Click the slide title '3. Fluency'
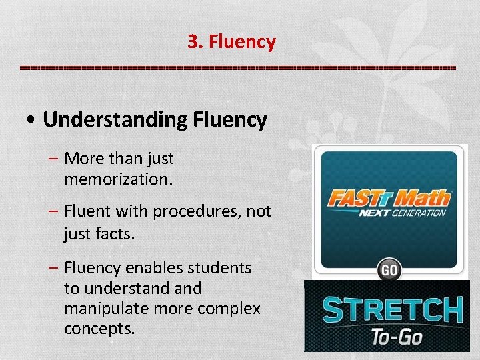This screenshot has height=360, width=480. [231, 42]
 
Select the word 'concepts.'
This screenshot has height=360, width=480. [99, 329]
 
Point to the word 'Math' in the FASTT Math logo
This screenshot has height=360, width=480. [421, 199]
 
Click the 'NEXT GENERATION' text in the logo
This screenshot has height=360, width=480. [402, 214]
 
